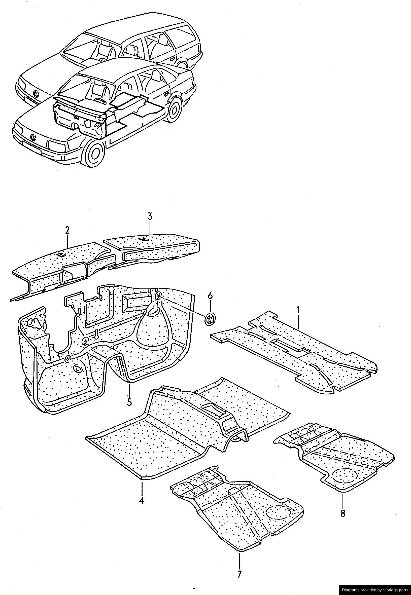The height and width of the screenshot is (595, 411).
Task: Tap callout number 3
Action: coord(150,216)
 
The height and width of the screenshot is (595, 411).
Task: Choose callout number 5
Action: coord(129,402)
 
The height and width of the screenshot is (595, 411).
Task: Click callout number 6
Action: coord(210,296)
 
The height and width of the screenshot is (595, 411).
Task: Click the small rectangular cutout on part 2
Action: coord(61,254)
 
